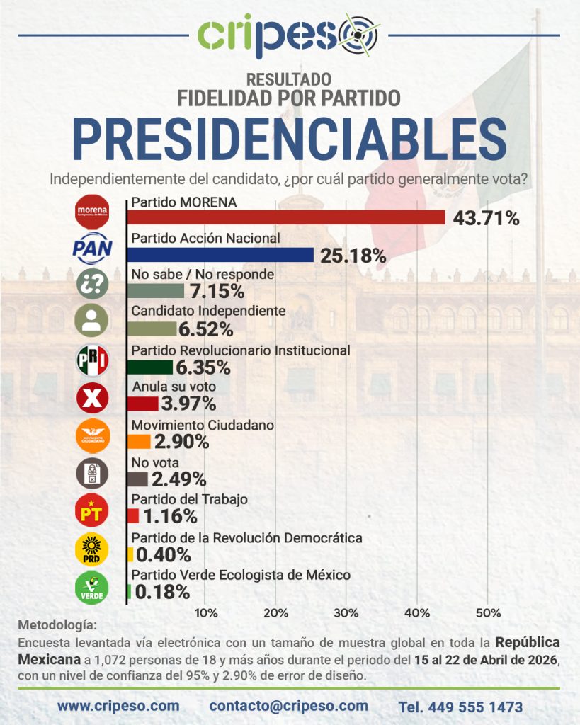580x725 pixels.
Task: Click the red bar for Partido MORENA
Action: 287,217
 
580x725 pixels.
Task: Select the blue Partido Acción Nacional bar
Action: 221,255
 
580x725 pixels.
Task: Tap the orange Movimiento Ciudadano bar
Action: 140,442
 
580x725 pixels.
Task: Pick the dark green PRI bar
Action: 151,367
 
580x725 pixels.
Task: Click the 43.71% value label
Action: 486,219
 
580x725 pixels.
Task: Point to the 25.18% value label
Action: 353,256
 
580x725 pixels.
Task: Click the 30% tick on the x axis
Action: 346,612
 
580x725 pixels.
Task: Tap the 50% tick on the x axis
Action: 487,612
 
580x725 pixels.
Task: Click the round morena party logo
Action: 92,210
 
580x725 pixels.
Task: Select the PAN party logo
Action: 92,248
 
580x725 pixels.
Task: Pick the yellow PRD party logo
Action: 92,549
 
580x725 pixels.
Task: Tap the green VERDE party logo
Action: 92,587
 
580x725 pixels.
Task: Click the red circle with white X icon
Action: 92,399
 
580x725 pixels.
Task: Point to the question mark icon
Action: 92,285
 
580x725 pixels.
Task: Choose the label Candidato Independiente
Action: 208,311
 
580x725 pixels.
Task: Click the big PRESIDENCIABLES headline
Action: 290,139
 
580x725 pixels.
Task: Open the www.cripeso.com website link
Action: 118,706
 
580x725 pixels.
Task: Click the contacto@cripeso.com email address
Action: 288,706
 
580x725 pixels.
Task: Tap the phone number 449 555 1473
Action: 460,707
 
